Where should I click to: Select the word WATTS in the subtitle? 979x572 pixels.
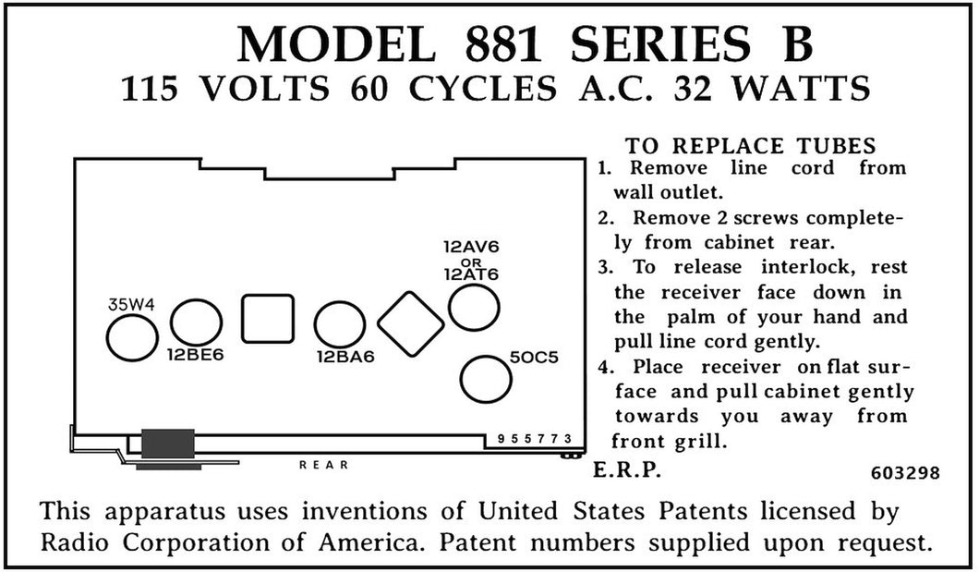coord(801,88)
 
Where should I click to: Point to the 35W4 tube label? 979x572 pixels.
coord(131,305)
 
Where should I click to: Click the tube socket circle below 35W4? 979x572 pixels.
coord(132,337)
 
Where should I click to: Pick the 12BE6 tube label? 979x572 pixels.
coord(196,356)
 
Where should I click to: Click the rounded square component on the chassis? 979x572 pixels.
coord(268,319)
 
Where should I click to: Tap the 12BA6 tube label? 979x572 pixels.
coord(346,358)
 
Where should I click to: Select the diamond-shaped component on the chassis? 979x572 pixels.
coord(411,324)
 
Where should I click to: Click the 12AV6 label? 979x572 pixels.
coord(471,247)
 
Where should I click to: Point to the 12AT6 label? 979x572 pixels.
coord(471,274)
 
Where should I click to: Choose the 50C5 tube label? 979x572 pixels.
coord(534,358)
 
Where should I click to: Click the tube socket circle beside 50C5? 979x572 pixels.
coord(486,379)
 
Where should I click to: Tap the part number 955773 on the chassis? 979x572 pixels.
coord(535,439)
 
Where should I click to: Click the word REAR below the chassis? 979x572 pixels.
coord(323,465)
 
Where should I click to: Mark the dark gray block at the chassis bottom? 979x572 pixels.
coord(168,444)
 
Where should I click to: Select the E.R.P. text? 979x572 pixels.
coord(626,470)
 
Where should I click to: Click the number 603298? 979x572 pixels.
coord(905,473)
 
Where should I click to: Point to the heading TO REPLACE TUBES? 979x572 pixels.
coord(751,145)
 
